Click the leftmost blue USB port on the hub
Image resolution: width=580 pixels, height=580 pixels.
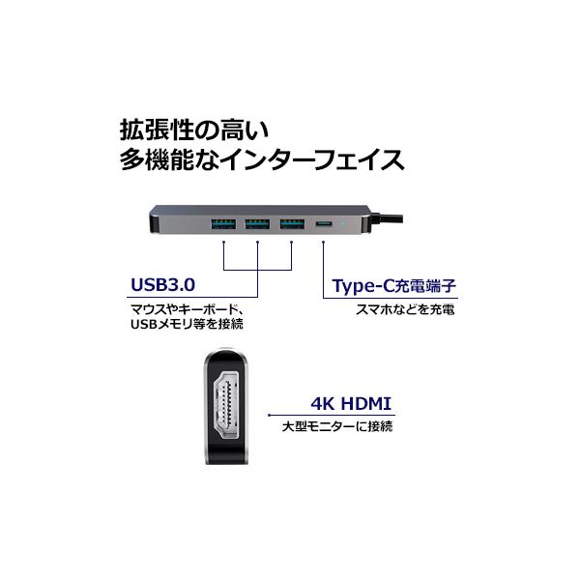pos(223,224)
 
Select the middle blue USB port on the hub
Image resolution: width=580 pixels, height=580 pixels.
pos(257,224)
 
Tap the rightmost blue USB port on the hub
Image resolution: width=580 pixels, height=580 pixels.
pos(292,224)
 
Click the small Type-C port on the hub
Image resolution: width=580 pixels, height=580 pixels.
pos(324,224)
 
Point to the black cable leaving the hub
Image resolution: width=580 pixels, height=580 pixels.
pos(386,218)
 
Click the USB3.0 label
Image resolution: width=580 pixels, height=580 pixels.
pos(162,285)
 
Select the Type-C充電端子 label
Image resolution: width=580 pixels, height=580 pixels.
pos(394,286)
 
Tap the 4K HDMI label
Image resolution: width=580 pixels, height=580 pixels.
pos(351,403)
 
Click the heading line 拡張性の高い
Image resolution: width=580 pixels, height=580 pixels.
pos(194,130)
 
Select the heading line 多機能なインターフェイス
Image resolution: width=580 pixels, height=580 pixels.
pos(262,159)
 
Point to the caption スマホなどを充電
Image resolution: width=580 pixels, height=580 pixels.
pos(405,309)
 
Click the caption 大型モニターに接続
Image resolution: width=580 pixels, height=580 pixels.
pos(337,427)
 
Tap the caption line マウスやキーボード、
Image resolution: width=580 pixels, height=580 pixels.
pos(189,309)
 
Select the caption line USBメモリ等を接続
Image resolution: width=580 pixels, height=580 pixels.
pos(188,324)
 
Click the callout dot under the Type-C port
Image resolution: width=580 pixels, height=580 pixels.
pos(323,243)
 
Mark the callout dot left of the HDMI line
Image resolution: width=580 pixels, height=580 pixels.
pos(270,416)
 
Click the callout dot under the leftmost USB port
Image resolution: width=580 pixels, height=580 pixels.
pos(224,243)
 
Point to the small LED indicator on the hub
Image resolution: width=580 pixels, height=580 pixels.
pos(344,224)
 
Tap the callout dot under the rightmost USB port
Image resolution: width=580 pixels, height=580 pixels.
pos(292,243)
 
